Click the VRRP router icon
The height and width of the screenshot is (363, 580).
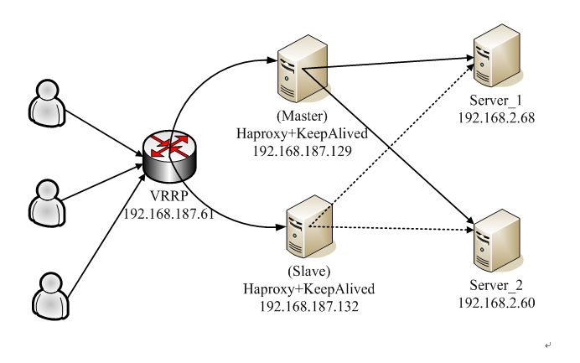pos(170,156)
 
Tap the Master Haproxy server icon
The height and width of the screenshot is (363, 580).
pos(303,69)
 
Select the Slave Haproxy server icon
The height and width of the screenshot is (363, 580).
pos(310,226)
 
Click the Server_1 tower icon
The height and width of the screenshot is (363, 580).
pos(497,55)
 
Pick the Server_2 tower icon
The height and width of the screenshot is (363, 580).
pos(497,240)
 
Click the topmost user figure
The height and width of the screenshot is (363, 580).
pos(47,103)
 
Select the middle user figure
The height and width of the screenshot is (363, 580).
pos(47,203)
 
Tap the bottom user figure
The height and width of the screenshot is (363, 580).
pos(50,296)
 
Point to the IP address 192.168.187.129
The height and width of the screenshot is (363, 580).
pos(303,151)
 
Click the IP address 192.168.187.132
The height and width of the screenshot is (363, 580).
pos(309,306)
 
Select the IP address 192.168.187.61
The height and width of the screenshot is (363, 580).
pos(168,214)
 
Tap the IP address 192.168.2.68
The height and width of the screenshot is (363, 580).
pos(496,118)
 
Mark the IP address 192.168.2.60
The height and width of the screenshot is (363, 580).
pos(496,303)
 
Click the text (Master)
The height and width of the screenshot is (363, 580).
pos(303,117)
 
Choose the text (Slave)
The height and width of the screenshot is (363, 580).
pos(309,272)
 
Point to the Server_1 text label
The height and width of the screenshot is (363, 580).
pos(495,101)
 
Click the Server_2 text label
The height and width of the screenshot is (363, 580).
pos(496,285)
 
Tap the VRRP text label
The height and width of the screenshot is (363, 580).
pos(169,196)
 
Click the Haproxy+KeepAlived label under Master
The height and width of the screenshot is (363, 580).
pos(303,133)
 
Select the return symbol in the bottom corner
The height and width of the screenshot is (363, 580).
pos(548,345)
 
